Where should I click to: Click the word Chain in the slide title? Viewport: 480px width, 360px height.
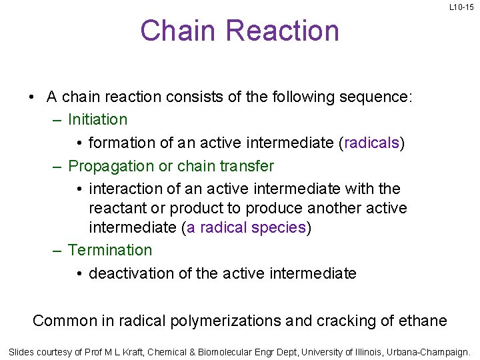point(178,31)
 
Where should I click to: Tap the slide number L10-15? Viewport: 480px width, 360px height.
point(461,7)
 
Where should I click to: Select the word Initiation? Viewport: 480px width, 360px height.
point(97,120)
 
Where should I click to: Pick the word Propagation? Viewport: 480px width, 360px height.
point(111,165)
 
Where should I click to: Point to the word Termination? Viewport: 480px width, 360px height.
point(110,250)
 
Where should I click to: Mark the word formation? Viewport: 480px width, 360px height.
point(117,143)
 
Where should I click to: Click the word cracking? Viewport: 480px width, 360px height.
point(343,321)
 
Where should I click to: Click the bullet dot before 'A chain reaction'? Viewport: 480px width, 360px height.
point(31,97)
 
